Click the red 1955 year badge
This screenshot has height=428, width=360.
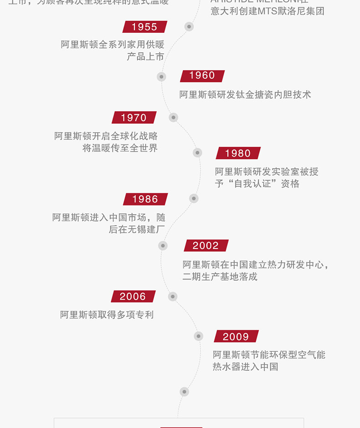[144, 27]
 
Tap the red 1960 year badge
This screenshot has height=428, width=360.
[202, 76]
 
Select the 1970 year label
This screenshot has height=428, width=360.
[134, 117]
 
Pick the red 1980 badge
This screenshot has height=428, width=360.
[238, 153]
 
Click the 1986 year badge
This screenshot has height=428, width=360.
[145, 199]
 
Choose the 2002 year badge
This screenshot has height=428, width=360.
[206, 245]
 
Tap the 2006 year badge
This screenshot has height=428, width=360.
[133, 296]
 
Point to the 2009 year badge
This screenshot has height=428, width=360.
[236, 336]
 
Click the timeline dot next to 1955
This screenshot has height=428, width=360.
[189, 27]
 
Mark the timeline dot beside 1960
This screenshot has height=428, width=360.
[161, 76]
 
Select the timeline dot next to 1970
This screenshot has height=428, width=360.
[173, 117]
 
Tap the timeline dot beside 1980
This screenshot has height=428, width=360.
[197, 153]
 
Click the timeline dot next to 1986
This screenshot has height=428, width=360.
[194, 198]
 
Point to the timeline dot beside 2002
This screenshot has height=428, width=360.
[163, 245]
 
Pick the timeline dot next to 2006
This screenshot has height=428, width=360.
[172, 296]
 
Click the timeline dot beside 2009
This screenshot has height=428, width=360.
[198, 336]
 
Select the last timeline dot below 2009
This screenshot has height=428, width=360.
[184, 391]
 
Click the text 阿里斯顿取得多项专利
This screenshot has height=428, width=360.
[107, 315]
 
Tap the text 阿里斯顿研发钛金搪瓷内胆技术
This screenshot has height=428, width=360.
[245, 95]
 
